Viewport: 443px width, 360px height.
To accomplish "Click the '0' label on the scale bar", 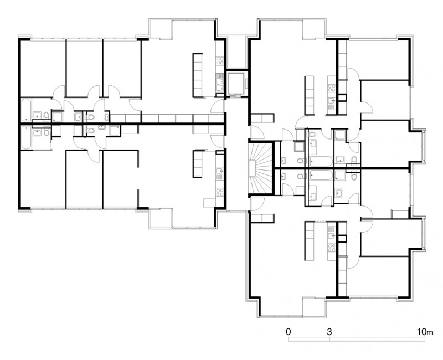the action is coord(288,331).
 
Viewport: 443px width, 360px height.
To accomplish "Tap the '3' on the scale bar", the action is coord(329,331).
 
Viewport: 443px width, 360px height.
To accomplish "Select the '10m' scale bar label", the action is coord(425,331).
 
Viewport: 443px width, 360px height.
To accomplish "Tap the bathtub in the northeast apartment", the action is coord(322,162).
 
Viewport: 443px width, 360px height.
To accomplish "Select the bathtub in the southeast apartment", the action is coord(322,175).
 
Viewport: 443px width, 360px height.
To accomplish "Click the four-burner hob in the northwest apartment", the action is coord(220,60).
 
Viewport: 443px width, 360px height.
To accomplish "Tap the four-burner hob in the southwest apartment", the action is coord(220,192).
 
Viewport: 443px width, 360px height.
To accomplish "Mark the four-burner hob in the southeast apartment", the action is coord(331,248).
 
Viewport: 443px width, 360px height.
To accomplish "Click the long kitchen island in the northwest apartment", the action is coord(198,75).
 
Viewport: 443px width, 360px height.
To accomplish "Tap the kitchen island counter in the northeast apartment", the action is coord(309,95).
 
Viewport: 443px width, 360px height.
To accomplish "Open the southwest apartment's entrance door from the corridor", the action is coord(217,141).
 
